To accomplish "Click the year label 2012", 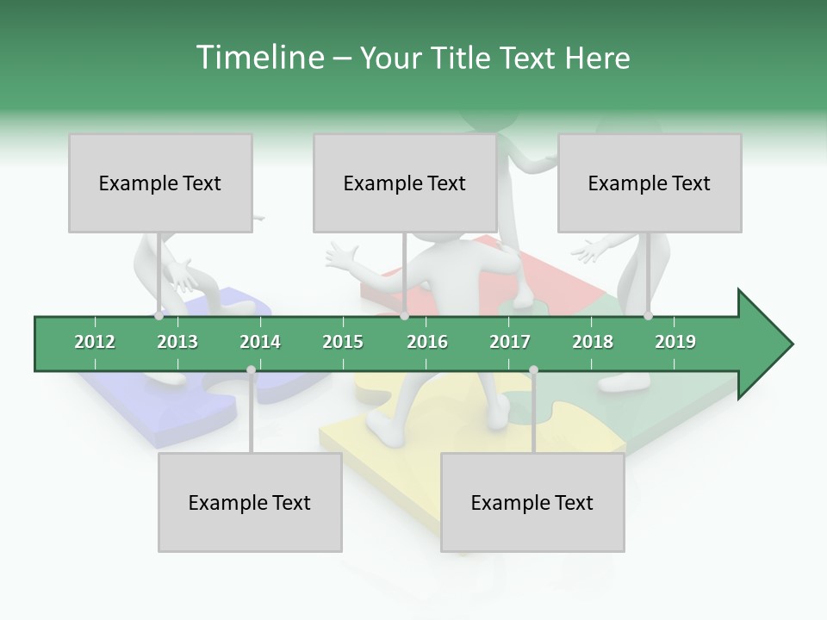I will (x=95, y=342).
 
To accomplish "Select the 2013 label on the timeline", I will (x=177, y=342).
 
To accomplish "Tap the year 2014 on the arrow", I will (x=260, y=342).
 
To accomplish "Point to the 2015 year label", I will (x=343, y=342).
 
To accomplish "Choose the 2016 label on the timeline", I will (x=427, y=342).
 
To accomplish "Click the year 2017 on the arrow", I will (x=510, y=342).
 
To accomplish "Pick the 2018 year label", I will (x=593, y=342).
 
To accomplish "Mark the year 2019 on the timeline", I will (x=675, y=342).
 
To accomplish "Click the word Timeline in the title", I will (x=258, y=58).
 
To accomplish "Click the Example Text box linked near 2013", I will (x=160, y=183).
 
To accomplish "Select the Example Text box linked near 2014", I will (x=250, y=502).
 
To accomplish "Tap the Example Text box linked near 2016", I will (x=405, y=183).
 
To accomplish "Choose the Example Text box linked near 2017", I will (x=532, y=502).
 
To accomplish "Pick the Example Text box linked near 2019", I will (x=650, y=183).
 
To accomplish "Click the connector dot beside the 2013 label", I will (x=159, y=316).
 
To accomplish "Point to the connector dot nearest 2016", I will (x=405, y=316).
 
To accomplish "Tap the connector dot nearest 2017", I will (x=533, y=370).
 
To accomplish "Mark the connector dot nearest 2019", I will (x=648, y=316).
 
